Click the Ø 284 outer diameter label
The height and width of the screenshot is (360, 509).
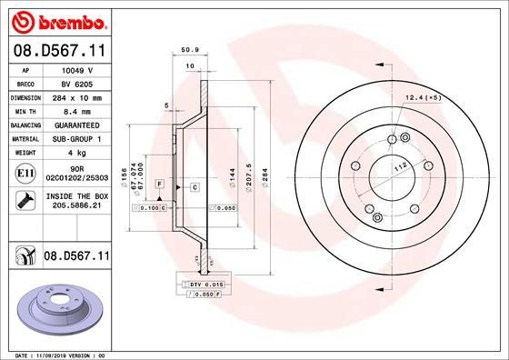coord(264,174)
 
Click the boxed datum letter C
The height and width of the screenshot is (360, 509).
coord(195,187)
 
